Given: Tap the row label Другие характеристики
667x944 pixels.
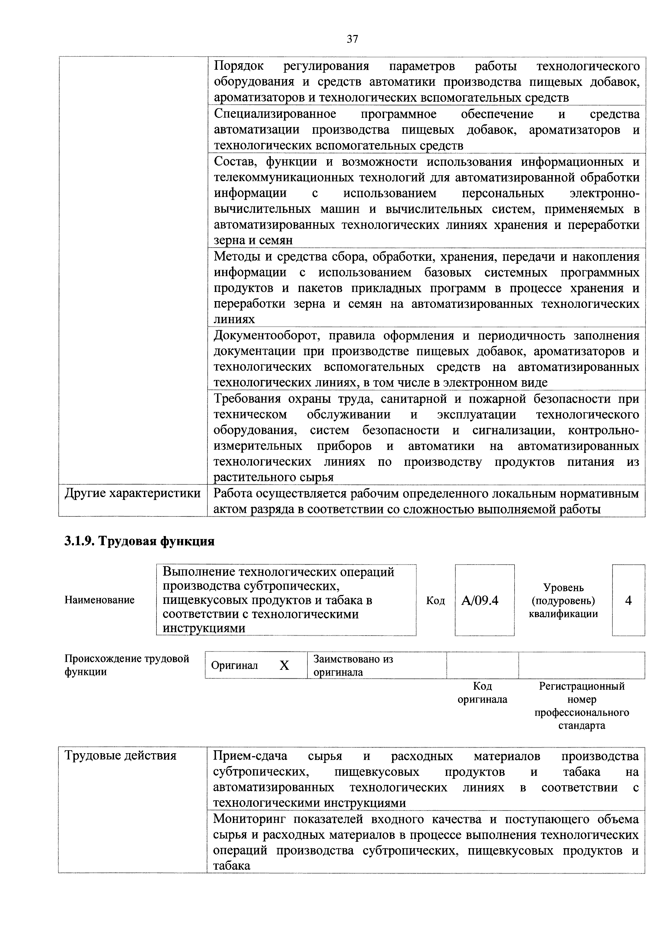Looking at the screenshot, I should (133, 493).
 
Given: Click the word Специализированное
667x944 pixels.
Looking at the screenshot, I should (275, 114).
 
